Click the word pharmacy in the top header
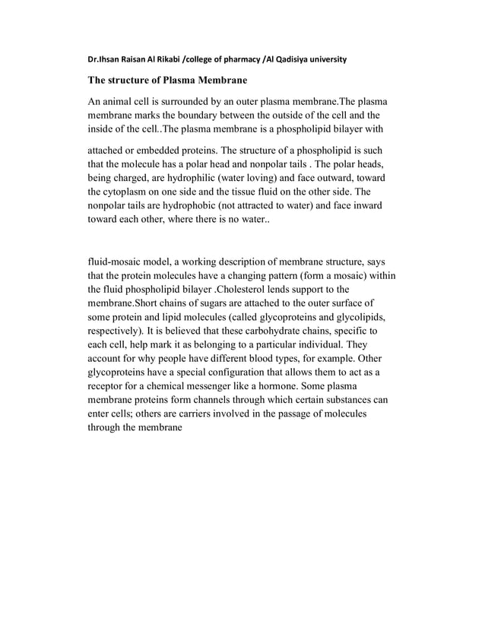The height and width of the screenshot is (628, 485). point(232,59)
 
